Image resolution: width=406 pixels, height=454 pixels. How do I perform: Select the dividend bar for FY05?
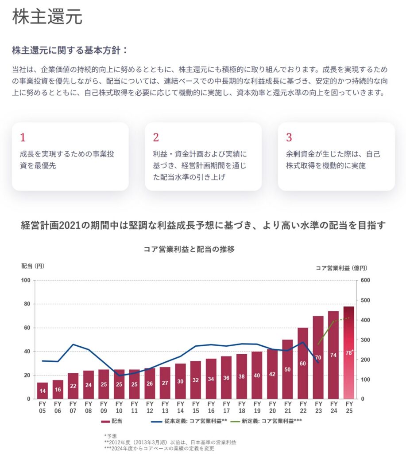point(43,390)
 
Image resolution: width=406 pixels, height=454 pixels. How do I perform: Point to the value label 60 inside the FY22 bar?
point(303,363)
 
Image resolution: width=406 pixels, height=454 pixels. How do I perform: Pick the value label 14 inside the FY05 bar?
point(43,391)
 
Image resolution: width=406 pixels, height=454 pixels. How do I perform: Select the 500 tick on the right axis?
point(366,300)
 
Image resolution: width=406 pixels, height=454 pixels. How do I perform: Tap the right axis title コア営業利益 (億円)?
point(341,268)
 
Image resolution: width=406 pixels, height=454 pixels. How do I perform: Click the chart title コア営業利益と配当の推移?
point(189,249)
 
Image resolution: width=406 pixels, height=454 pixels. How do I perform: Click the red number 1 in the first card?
point(23,137)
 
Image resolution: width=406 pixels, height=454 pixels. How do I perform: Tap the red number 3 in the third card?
point(289,137)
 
